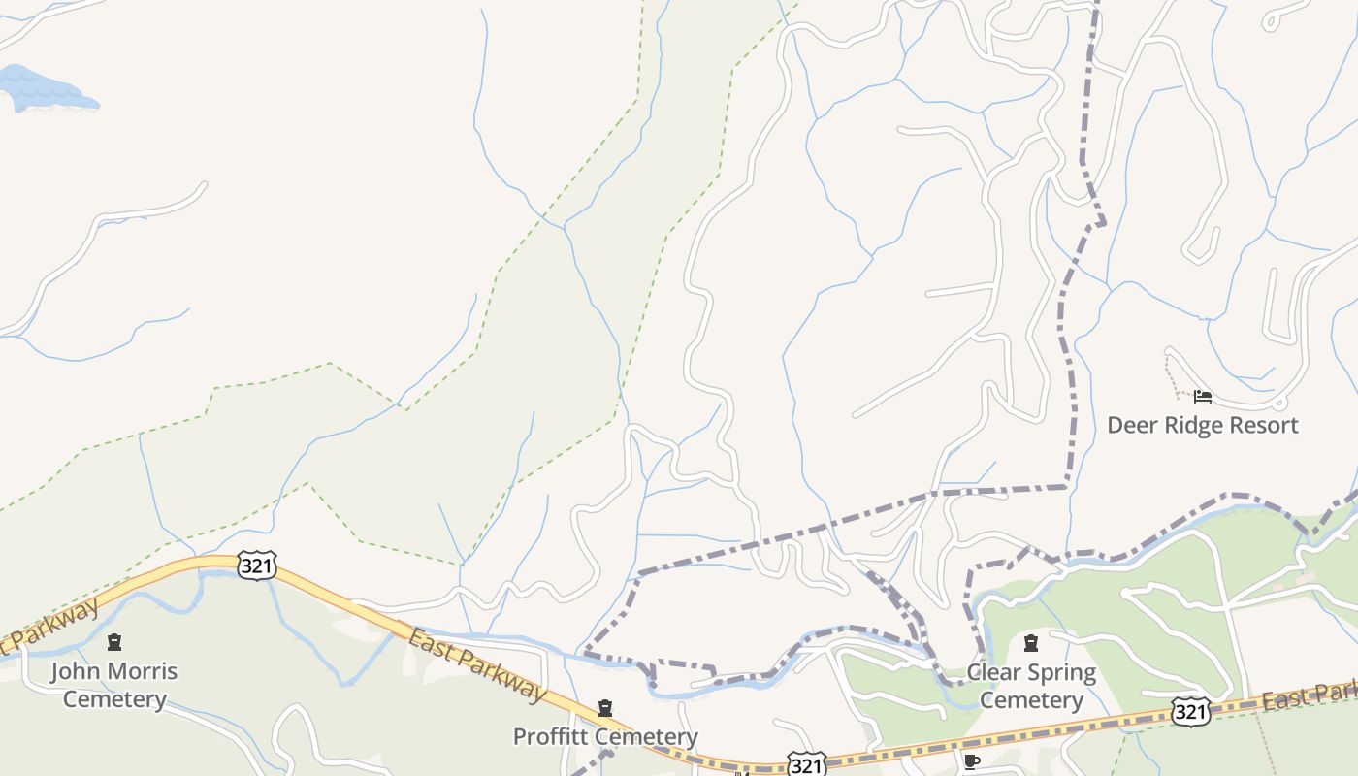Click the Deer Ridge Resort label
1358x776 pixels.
point(1202,425)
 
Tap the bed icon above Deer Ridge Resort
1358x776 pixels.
point(1203,397)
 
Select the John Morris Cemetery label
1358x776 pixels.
point(114,685)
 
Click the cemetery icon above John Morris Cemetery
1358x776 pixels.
point(114,642)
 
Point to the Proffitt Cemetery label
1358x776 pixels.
point(605,736)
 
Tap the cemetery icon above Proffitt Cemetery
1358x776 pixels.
point(605,709)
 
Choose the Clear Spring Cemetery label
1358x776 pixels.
point(1031,686)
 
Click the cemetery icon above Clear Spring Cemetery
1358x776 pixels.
point(1031,642)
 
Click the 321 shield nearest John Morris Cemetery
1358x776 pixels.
point(256,566)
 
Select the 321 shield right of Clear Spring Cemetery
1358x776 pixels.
point(1189,712)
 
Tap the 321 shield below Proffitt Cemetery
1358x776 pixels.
point(805,765)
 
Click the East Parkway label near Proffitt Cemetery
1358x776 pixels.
point(476,664)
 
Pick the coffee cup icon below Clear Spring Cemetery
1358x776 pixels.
point(972,761)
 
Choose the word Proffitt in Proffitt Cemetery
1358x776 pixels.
point(551,736)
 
